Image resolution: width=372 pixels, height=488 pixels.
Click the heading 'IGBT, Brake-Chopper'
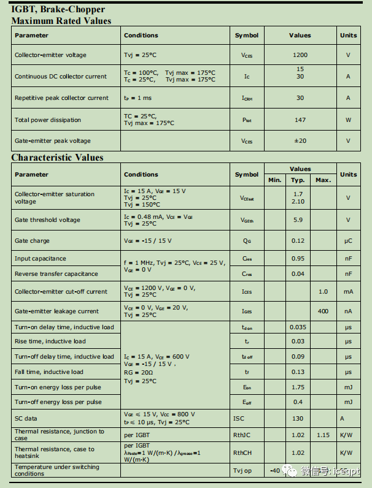point(58,9)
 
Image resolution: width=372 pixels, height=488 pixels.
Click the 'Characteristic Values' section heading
point(57,158)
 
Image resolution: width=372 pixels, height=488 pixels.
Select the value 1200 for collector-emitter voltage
point(300,55)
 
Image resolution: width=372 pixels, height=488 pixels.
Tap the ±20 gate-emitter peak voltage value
point(300,141)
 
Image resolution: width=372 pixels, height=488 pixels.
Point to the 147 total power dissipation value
point(300,120)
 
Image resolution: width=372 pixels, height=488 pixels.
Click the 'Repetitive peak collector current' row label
point(61,98)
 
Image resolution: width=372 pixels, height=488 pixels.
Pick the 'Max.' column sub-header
point(323,180)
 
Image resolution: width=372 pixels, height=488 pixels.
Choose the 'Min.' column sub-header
point(275,180)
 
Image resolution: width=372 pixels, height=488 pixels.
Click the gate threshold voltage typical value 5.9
point(298,220)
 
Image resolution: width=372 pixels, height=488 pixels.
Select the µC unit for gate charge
point(348,241)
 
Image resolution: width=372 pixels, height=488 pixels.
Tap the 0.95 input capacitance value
point(298,259)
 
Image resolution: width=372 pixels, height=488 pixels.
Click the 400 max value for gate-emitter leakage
point(323,311)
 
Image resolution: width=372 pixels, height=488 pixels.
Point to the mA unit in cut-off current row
point(348,292)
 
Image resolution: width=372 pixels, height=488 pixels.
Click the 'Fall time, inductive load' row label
point(49,372)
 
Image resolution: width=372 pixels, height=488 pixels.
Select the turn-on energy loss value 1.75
point(298,387)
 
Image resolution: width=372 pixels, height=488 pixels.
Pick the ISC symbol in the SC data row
point(239,418)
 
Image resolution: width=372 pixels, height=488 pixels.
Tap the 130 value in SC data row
point(298,418)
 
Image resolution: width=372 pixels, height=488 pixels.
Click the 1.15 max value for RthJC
point(323,435)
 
